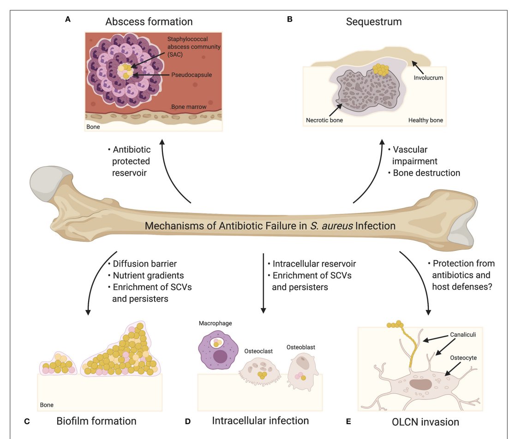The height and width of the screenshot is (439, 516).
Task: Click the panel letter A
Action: point(68,19)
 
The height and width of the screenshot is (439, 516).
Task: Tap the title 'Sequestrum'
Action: point(374,22)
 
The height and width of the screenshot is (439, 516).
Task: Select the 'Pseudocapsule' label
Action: point(192,75)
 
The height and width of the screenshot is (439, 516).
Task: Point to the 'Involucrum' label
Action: point(428,77)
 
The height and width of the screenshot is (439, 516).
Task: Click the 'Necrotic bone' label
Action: point(324,120)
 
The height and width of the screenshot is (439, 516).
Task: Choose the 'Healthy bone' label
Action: point(426,120)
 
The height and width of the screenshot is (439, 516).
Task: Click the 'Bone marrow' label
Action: point(189,107)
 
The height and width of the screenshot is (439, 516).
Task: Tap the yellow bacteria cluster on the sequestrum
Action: point(381,69)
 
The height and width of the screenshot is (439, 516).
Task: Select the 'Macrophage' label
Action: point(215,323)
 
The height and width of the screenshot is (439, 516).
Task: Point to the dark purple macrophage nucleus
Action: point(220,356)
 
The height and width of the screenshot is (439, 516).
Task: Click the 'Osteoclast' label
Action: point(258,351)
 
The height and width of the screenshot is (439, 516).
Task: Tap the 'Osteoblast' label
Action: point(301,347)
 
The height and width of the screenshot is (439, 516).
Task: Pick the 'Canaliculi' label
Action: point(463,334)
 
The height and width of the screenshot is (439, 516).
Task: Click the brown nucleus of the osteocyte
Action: point(420,384)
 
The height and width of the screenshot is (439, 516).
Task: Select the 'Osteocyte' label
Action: point(463,358)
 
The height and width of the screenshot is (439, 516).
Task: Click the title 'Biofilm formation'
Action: point(96,421)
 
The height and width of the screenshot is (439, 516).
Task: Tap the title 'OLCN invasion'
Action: point(426,422)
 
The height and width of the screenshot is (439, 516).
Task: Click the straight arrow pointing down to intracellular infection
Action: point(263,283)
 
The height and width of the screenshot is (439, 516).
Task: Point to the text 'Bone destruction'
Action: point(426,173)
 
